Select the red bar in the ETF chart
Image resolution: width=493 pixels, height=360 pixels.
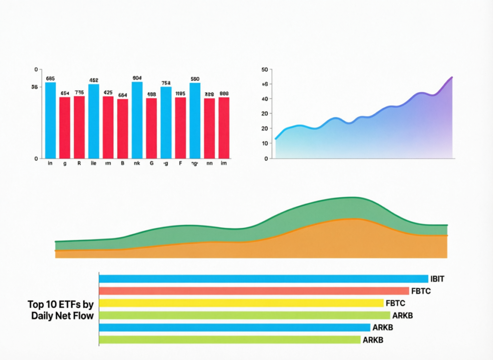254,291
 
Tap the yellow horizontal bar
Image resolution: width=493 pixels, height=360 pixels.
241,303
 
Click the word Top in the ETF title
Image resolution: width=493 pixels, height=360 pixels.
37,304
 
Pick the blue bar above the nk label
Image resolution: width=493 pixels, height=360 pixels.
137,120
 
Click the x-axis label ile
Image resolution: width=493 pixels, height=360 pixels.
93,164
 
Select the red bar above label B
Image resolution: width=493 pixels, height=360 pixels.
122,129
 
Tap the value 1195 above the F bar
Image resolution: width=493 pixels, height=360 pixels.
180,93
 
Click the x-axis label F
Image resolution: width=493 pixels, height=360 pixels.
180,164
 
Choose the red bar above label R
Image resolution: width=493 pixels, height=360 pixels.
79,127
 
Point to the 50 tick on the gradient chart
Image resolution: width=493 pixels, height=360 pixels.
264,69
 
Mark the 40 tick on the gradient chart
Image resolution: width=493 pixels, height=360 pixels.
264,99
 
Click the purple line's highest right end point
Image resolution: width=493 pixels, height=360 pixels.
452,77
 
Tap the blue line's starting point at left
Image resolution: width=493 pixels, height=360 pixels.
275,139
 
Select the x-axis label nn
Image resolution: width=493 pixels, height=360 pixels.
209,164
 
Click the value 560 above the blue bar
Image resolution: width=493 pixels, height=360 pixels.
195,79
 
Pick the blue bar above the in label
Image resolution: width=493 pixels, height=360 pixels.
50,120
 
